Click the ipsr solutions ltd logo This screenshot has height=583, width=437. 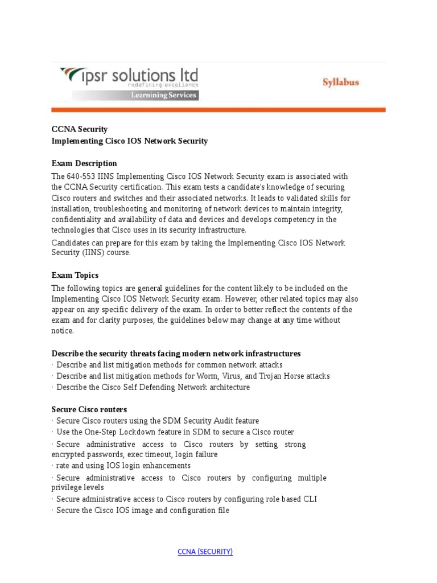(x=129, y=77)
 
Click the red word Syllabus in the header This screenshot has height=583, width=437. (x=341, y=83)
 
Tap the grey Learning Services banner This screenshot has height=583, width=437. (x=164, y=95)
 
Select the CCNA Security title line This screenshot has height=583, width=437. (x=79, y=129)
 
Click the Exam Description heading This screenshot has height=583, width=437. (x=84, y=163)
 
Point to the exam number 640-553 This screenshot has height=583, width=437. (x=81, y=176)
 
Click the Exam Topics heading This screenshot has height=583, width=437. (x=75, y=275)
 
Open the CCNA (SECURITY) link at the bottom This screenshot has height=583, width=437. (x=205, y=552)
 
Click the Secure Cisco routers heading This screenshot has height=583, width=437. (x=89, y=409)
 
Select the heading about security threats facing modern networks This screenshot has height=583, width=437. (x=176, y=354)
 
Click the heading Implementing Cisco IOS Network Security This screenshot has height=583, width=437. (x=130, y=141)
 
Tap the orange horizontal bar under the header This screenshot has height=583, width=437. (x=218, y=110)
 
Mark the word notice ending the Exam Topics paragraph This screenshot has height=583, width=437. (x=63, y=331)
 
